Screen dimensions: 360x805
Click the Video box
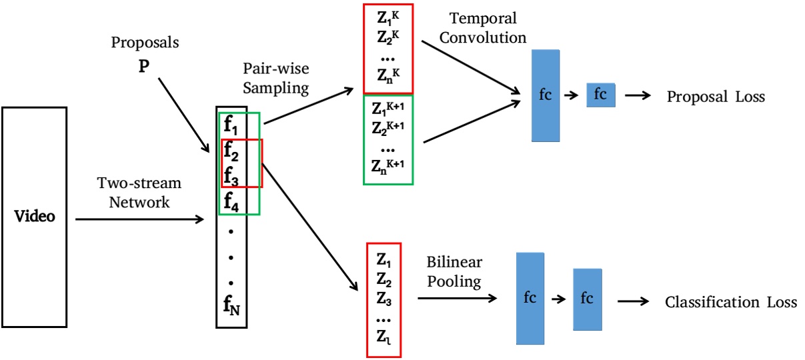click(x=34, y=217)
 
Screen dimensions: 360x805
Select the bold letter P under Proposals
click(x=143, y=67)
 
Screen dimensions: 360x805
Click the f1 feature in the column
click(x=230, y=124)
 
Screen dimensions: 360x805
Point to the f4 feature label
click(x=230, y=199)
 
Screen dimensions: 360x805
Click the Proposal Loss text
click(x=716, y=97)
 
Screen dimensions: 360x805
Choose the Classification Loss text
click(x=730, y=303)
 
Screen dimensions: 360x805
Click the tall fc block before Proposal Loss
click(x=545, y=95)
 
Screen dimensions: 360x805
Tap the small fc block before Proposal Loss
click(x=600, y=95)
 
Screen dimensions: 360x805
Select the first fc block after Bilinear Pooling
click(x=530, y=298)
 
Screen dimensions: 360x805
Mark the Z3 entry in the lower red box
click(x=383, y=297)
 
